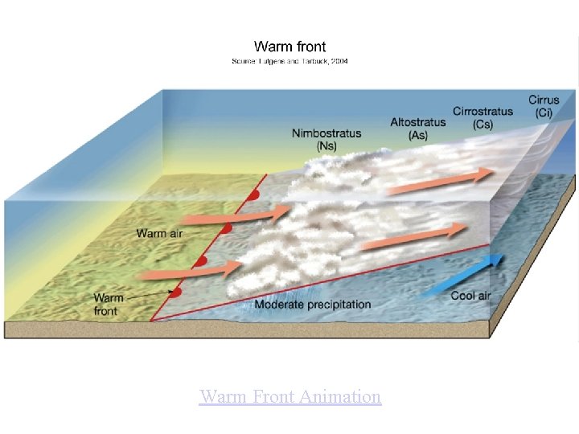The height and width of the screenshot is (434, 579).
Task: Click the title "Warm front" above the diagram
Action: [289, 47]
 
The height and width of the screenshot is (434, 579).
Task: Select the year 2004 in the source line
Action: [338, 61]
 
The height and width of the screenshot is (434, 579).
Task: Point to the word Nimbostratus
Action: [326, 133]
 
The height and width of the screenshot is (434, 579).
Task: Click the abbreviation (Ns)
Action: [326, 145]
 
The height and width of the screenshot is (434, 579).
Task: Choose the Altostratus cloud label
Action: [417, 122]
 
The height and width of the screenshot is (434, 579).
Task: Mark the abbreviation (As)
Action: [417, 135]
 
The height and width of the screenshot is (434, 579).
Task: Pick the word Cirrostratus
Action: [482, 112]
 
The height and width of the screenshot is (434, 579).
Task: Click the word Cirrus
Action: [544, 100]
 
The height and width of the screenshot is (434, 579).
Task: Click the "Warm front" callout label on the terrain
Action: [109, 305]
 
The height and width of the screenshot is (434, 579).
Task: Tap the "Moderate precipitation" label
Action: [313, 305]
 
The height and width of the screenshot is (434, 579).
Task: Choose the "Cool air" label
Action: [470, 296]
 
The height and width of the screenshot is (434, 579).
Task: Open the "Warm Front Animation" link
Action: [289, 396]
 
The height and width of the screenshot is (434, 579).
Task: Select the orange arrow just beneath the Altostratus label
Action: [441, 181]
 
